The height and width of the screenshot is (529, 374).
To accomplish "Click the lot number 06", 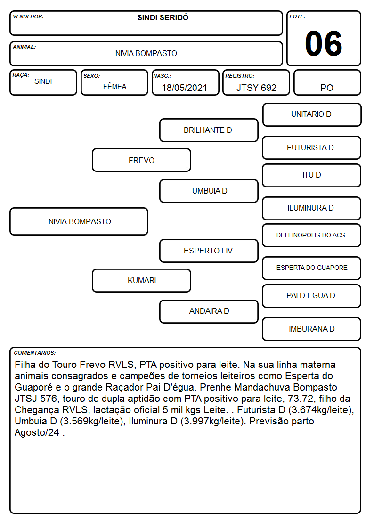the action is [x=324, y=43].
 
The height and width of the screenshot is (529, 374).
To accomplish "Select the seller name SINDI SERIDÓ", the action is [x=163, y=17].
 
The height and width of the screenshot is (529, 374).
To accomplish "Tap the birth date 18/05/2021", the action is [x=185, y=88].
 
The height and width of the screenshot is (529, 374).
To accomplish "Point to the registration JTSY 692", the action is [x=256, y=88].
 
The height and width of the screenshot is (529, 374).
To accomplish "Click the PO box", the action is [x=327, y=82].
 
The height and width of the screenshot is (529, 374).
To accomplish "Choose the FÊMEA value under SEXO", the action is [x=114, y=86].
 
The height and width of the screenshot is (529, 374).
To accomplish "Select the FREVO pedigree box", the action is [x=141, y=160].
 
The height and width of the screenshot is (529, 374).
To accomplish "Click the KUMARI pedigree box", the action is [x=141, y=280].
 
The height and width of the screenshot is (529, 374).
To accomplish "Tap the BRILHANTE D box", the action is [x=209, y=130].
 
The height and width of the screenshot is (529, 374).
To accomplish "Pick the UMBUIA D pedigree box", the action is [x=209, y=191].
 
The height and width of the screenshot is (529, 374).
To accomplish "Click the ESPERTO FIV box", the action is [x=209, y=251].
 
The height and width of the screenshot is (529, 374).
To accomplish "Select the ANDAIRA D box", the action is [x=209, y=311].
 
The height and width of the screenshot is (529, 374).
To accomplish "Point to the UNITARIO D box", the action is [x=312, y=115].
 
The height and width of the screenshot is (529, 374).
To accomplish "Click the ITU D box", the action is [x=312, y=175].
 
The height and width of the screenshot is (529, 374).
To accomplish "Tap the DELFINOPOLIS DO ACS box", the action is [x=312, y=236].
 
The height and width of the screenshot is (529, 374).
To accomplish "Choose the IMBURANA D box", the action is [x=312, y=329].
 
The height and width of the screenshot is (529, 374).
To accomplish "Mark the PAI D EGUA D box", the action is [x=312, y=296].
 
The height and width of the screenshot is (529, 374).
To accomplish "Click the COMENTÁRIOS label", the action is [x=35, y=353].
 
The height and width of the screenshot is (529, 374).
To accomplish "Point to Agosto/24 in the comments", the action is [x=37, y=432].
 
